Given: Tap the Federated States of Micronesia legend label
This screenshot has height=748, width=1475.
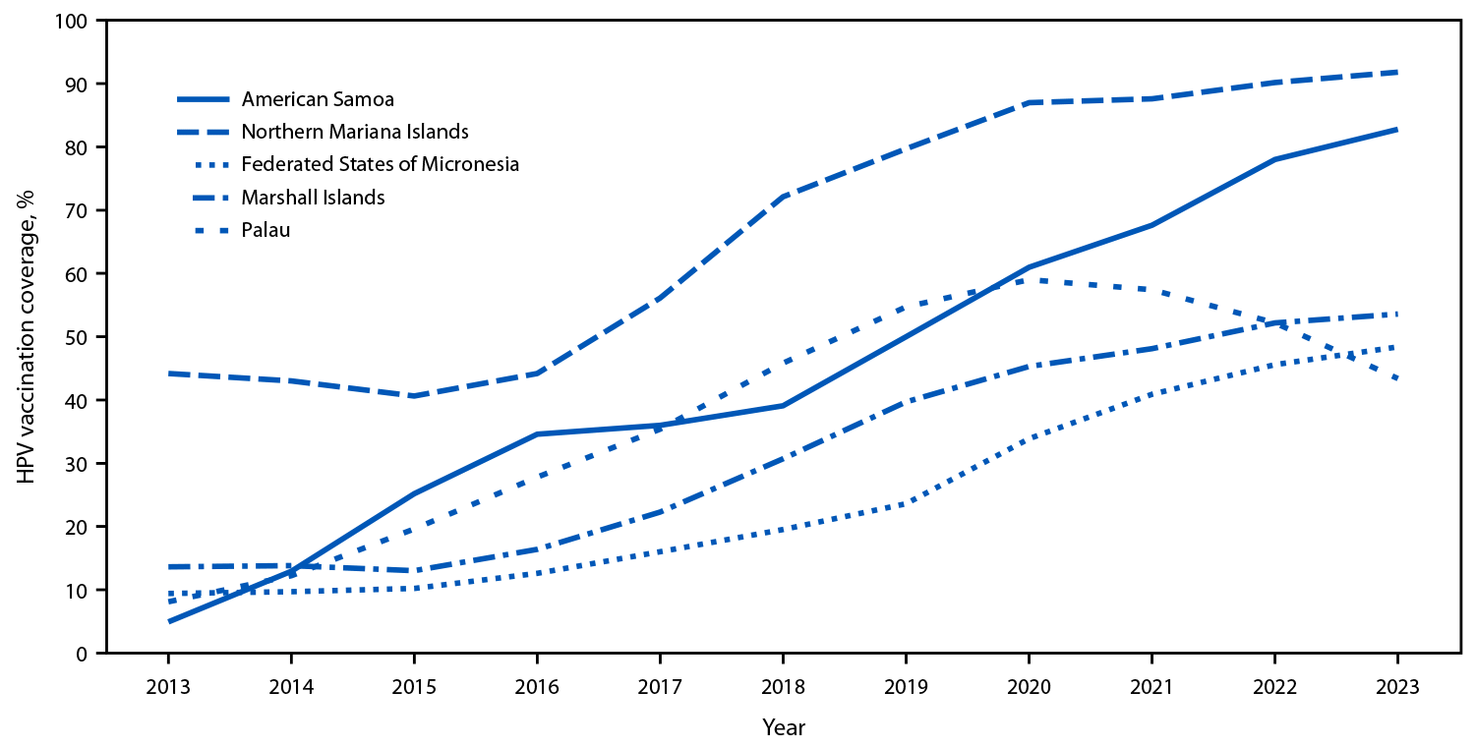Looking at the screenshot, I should pos(380,164).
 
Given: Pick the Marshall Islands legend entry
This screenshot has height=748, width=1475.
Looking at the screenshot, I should pos(313,198).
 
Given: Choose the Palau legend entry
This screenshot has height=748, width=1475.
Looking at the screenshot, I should pos(265,230).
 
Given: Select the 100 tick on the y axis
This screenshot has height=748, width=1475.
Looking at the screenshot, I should pos(75,21).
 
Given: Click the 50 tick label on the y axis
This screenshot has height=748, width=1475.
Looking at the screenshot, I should pos(80,337).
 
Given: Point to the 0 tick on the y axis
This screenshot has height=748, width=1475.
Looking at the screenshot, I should pos(85,654).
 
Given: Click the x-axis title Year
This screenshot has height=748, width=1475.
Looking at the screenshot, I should pos(783,728).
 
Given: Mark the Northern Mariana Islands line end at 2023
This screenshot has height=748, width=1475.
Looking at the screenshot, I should pos(1397,72).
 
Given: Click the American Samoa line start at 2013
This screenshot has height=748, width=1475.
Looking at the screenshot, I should pos(168,621).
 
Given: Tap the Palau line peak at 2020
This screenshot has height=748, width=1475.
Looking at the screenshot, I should pos(1029,280).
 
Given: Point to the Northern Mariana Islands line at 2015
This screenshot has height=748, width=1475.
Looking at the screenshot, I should pos(414,396).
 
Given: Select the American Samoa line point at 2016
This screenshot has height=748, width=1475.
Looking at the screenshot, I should pos(537,433).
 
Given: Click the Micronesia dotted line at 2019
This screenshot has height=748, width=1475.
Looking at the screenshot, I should pos(906,503).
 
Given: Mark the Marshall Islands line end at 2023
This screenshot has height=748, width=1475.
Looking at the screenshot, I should pos(1397,315).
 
